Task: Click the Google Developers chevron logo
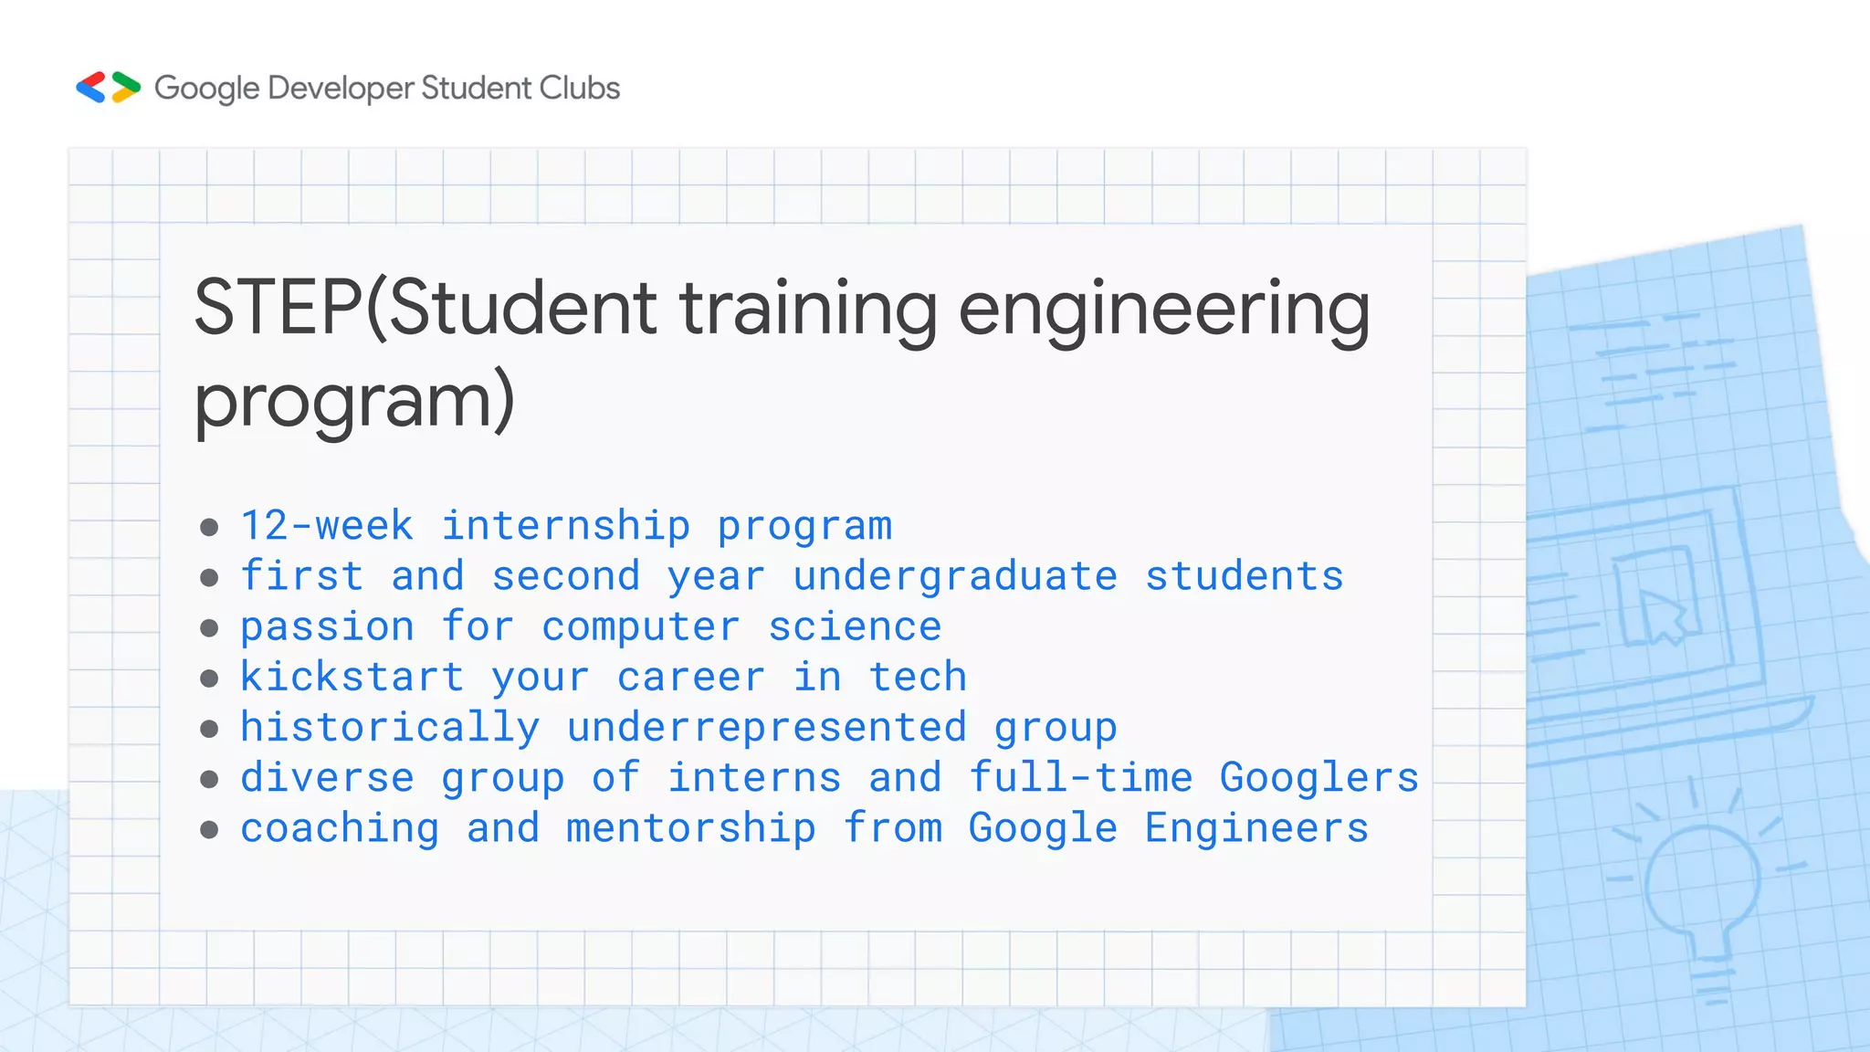[108, 88]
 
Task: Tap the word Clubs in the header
[579, 88]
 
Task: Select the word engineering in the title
[1163, 310]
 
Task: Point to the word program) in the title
[354, 402]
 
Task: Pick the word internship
[566, 526]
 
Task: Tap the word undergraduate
[955, 577]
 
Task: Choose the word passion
[327, 627]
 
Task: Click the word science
[855, 627]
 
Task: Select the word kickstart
[352, 678]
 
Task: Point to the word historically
[390, 728]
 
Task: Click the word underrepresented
[767, 728]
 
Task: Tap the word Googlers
[1319, 778]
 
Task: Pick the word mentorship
[691, 828]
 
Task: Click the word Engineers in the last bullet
[1256, 828]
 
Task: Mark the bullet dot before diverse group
[209, 779]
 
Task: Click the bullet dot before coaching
[209, 829]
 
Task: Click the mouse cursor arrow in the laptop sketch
[1662, 616]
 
